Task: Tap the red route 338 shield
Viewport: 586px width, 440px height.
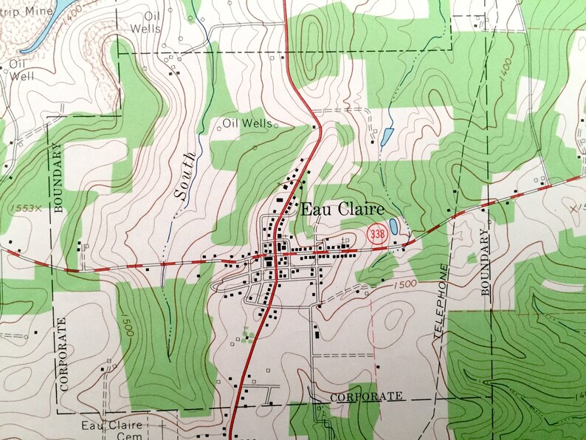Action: tap(377, 234)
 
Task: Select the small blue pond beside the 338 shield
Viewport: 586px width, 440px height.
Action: tap(394, 226)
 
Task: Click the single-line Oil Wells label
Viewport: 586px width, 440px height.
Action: tap(247, 124)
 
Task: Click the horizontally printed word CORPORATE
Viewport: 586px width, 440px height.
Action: tap(367, 396)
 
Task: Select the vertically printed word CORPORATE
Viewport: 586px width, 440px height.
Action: tap(64, 352)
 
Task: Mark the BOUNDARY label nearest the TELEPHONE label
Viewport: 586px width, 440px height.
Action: tap(486, 263)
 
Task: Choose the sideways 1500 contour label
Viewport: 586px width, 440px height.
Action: tap(127, 324)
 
